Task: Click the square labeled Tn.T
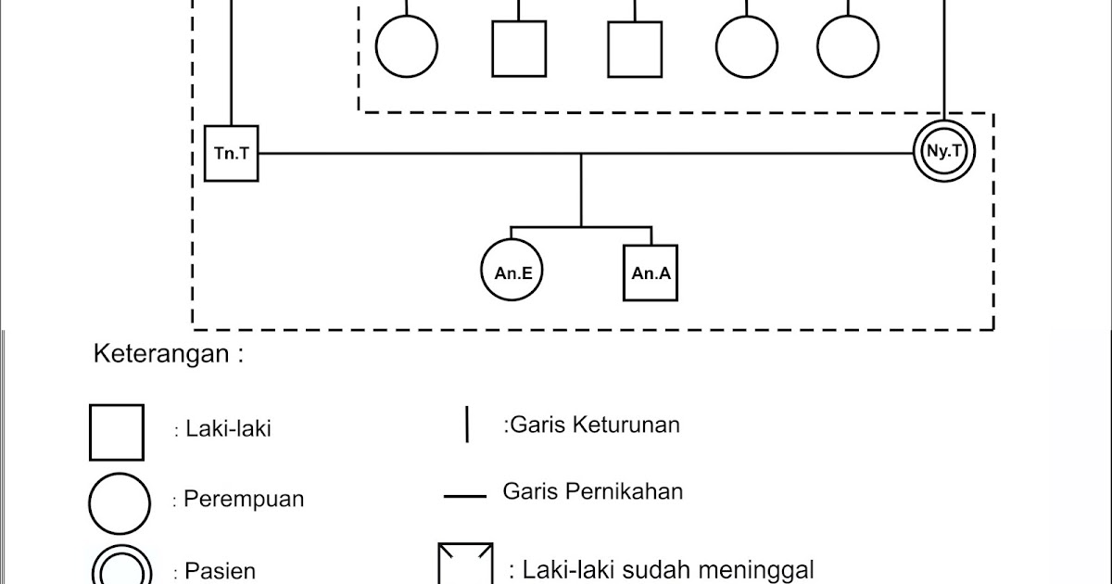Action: point(231,153)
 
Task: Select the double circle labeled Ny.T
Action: point(942,151)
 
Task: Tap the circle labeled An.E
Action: point(512,273)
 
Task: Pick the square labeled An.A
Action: point(651,273)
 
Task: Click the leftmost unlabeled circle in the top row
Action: point(406,46)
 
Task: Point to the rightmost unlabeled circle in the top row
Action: point(848,46)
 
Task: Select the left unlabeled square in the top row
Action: point(519,48)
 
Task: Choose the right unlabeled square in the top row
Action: point(635,48)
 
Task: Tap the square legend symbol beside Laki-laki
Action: point(117,432)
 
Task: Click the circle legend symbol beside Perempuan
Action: point(119,503)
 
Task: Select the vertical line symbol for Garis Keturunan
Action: point(467,425)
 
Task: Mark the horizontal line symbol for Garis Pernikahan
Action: point(465,497)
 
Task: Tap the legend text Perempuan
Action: point(244,500)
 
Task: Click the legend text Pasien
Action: point(220,571)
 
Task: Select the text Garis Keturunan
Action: point(594,425)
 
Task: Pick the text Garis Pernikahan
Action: point(593,491)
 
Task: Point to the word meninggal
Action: point(759,569)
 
